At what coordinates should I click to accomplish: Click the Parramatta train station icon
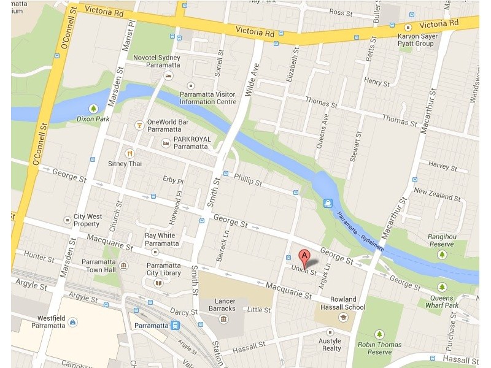pos(176,325)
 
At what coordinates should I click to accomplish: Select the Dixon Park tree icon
pos(93,108)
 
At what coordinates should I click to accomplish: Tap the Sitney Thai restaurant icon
pos(130,153)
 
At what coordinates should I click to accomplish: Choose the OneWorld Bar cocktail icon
pos(139,126)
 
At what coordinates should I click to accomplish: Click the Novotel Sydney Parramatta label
pos(157,62)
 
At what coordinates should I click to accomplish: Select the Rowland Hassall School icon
pos(343,316)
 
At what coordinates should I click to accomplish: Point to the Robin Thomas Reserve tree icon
pos(379,334)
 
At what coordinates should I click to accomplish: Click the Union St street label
pos(304,270)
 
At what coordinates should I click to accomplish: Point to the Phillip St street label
pos(248,182)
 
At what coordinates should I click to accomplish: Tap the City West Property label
pos(88,220)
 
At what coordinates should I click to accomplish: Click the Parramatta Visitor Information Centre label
pos(207,98)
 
